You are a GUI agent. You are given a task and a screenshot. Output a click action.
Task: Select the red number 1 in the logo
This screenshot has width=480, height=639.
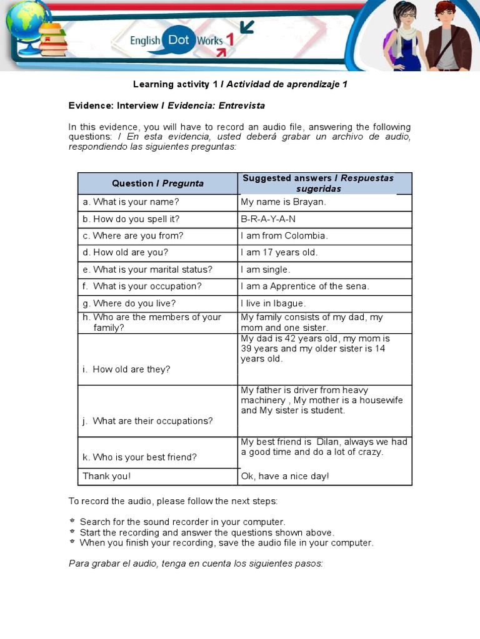230,41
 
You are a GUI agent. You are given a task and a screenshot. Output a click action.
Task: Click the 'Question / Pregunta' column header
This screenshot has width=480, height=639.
157,183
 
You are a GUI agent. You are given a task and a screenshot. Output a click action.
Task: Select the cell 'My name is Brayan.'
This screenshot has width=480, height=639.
284,202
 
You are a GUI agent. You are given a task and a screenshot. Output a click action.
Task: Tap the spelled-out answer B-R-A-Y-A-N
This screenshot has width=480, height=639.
268,219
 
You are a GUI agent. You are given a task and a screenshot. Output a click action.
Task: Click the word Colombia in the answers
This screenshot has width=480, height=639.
306,236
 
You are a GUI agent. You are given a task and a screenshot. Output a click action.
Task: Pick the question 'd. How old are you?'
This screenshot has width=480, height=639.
125,253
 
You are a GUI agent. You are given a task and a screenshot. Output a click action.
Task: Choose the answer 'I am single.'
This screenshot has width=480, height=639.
266,270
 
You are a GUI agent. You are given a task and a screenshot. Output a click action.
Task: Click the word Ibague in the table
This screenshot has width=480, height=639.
287,303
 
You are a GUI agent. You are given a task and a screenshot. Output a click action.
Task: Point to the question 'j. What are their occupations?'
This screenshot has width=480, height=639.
147,421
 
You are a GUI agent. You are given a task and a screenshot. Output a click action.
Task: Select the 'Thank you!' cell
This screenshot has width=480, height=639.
107,476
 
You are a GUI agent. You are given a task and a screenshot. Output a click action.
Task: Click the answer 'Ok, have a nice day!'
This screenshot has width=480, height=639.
285,476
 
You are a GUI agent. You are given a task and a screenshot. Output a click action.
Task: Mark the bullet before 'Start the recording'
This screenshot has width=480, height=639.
72,532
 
